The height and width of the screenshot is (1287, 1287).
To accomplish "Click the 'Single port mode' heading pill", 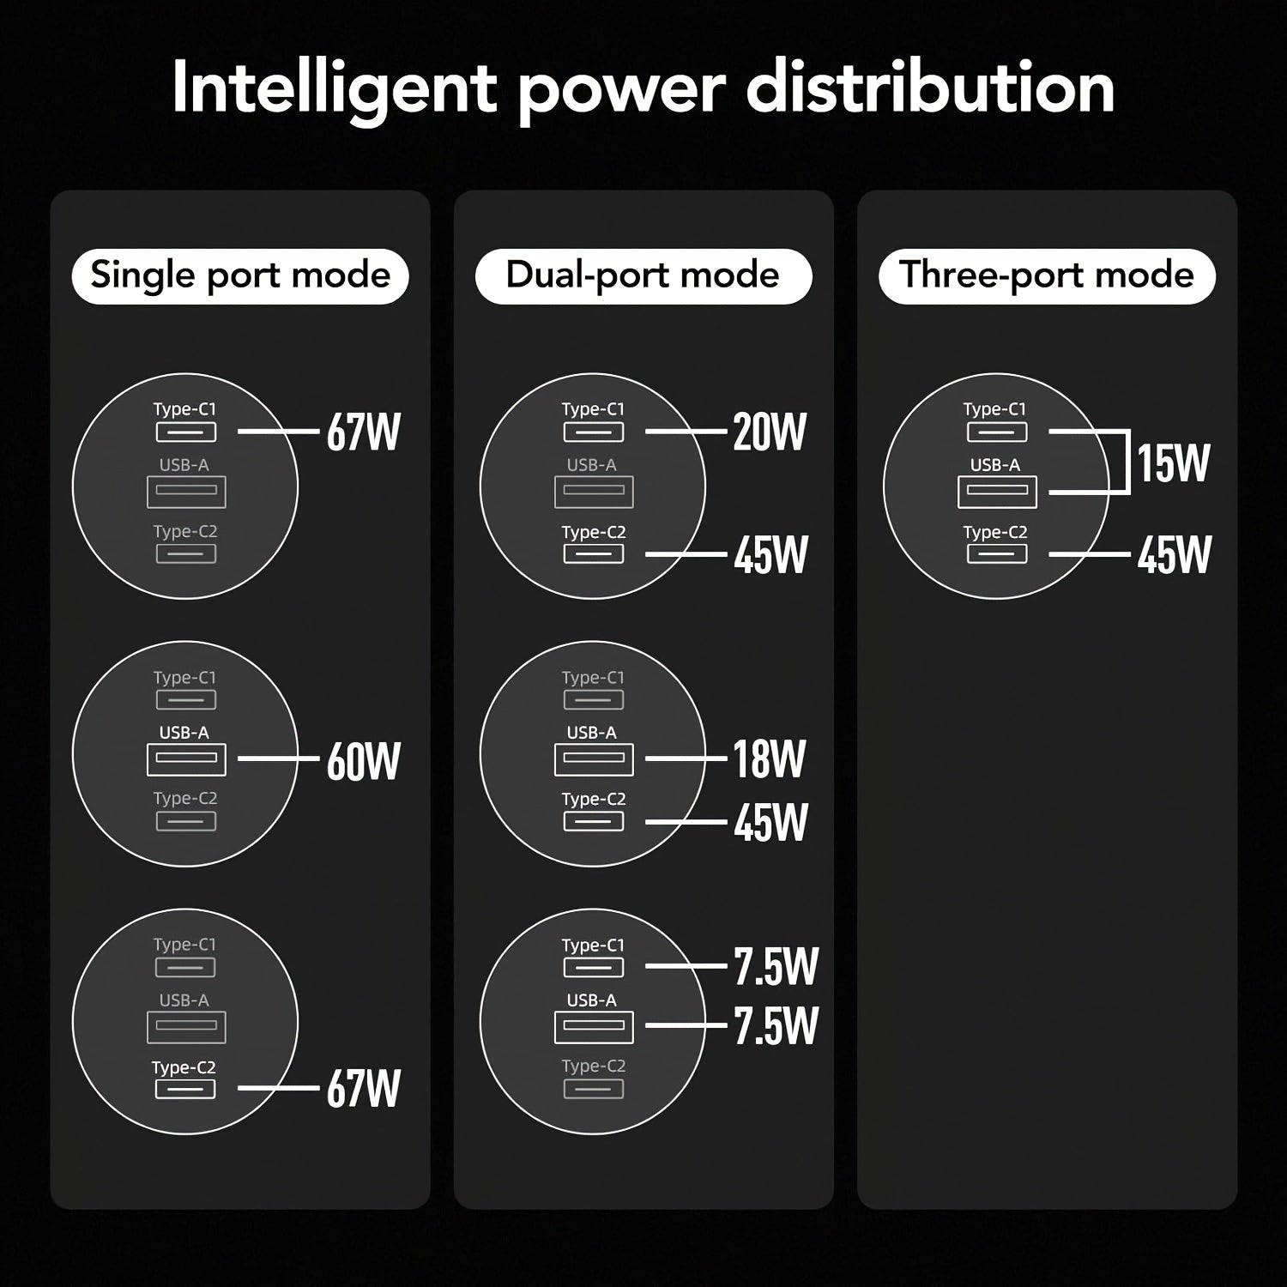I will (240, 276).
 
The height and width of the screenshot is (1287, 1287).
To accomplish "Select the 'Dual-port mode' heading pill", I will (643, 276).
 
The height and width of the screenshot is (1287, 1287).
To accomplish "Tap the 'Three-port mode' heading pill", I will (1047, 276).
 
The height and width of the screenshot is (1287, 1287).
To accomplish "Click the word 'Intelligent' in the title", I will (335, 89).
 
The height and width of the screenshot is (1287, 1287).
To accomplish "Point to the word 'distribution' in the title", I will (930, 88).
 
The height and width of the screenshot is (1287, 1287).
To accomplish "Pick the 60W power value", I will (364, 760).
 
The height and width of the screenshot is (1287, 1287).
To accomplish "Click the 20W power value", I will (770, 432).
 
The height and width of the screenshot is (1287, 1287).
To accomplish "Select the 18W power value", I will (770, 758).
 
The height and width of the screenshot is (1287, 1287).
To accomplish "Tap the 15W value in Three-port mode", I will (1173, 463).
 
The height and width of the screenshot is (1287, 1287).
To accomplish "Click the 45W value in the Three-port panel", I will (1174, 554).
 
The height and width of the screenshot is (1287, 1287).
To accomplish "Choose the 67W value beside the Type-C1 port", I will (364, 432).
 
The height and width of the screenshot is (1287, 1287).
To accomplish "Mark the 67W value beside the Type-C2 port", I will (364, 1088).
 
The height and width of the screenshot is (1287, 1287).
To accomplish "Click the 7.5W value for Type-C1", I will (776, 966).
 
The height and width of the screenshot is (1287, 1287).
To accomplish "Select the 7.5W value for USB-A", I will (776, 1025).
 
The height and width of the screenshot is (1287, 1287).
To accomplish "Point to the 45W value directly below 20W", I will (770, 554).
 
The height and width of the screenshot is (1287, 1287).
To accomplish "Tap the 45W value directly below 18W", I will (770, 822).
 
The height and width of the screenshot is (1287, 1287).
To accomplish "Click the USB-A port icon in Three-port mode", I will (997, 491).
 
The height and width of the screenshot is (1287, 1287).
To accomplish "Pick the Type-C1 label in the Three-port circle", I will (994, 409).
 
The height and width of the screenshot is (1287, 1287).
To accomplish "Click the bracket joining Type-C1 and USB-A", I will (1127, 462).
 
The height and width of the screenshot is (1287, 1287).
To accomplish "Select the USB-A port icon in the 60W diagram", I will (186, 758).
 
